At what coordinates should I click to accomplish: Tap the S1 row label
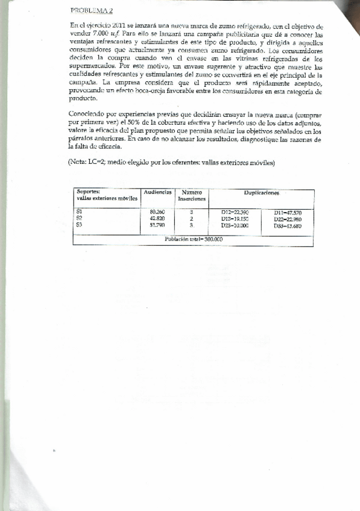tap(80, 212)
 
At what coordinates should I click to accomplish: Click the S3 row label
tap(80, 225)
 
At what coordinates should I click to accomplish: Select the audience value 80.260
tap(157, 213)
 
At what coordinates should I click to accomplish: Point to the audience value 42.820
tap(157, 219)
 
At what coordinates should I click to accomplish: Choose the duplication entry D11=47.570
tap(287, 213)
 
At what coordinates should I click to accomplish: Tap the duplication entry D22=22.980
tap(287, 219)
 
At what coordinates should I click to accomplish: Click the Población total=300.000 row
tap(194, 239)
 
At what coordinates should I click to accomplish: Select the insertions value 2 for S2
tap(191, 219)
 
